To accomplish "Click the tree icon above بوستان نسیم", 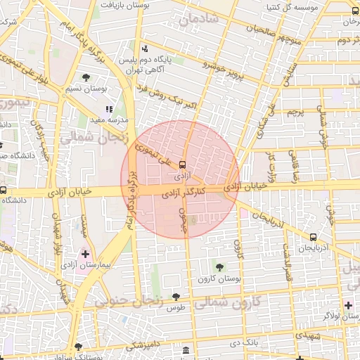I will pos(86,77).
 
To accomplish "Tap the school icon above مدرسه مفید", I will pos(109,109).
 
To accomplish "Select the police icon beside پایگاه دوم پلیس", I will pos(145,49).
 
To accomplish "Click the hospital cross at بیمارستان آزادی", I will pos(86,253).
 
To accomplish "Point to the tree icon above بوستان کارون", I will pos(219,266).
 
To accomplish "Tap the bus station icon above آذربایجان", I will pos(312,236).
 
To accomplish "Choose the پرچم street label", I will pos(295,112).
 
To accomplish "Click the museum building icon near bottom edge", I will pos(185,350).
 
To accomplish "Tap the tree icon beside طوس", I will pos(176,296).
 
